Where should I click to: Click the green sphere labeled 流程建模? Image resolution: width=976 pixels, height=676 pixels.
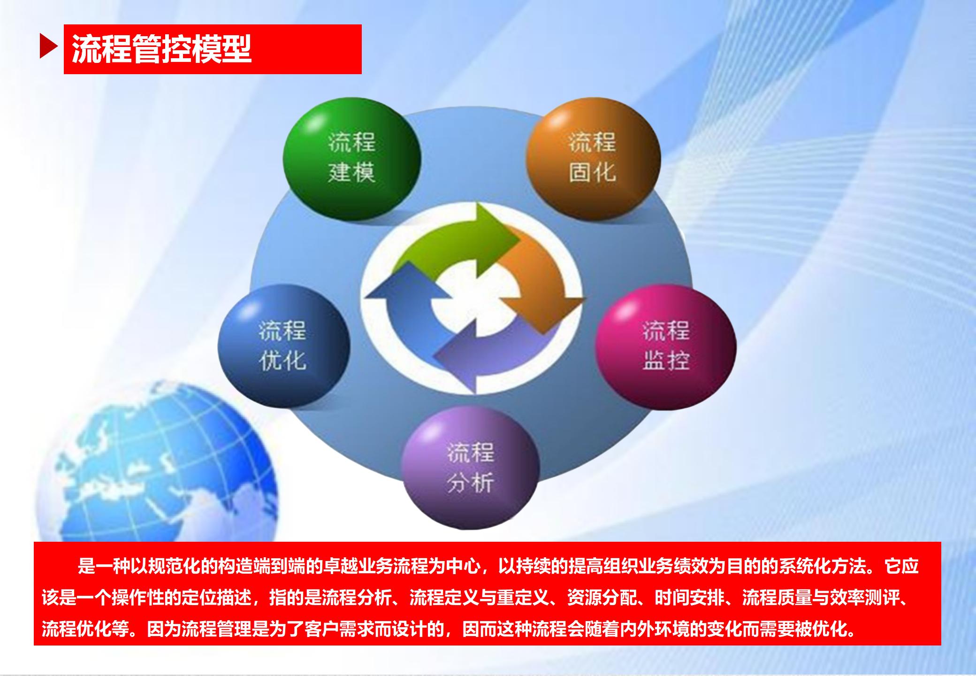(351, 159)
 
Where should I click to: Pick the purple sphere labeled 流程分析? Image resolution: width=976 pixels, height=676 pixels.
(470, 467)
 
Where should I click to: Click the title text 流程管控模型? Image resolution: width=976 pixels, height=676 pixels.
(162, 48)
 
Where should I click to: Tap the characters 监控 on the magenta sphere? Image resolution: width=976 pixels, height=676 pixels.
(666, 361)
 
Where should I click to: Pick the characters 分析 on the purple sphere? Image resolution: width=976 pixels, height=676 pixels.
(470, 483)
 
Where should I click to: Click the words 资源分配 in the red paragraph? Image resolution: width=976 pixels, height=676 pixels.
(602, 598)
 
